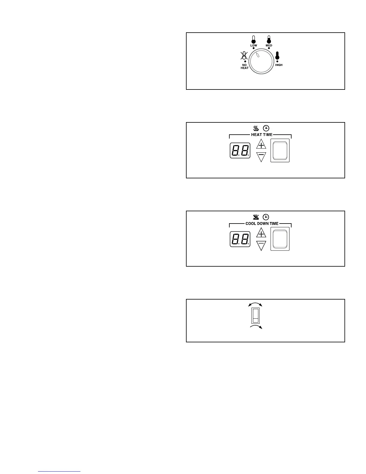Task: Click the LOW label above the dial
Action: (254, 45)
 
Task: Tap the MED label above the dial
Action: (269, 45)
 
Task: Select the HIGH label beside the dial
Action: (279, 65)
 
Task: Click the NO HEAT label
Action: (245, 66)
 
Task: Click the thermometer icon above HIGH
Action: (277, 56)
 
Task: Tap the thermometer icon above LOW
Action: (254, 39)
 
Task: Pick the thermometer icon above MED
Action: (269, 39)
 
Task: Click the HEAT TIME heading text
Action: (262, 135)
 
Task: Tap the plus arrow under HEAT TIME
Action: (261, 145)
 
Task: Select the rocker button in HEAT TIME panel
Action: (280, 151)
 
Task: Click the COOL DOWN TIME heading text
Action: (262, 224)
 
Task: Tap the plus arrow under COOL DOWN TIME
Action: (261, 233)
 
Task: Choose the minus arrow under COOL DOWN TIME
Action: (261, 245)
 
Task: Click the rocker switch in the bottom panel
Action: (255, 316)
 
